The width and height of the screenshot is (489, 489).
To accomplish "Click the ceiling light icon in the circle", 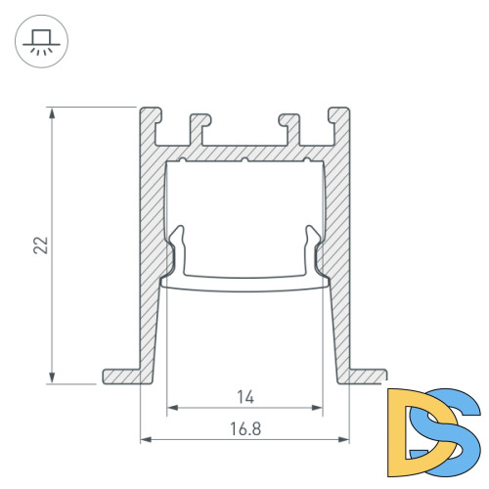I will click(39, 39).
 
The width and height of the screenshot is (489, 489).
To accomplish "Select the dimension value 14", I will click(245, 396).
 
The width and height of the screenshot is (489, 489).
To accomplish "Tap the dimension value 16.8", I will click(245, 427).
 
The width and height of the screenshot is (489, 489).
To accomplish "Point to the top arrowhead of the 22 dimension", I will click(51, 111).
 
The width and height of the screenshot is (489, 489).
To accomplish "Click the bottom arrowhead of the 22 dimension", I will click(51, 378).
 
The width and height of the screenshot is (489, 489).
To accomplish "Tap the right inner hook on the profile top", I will click(287, 122).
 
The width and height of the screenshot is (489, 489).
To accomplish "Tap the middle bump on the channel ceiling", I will click(244, 158).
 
